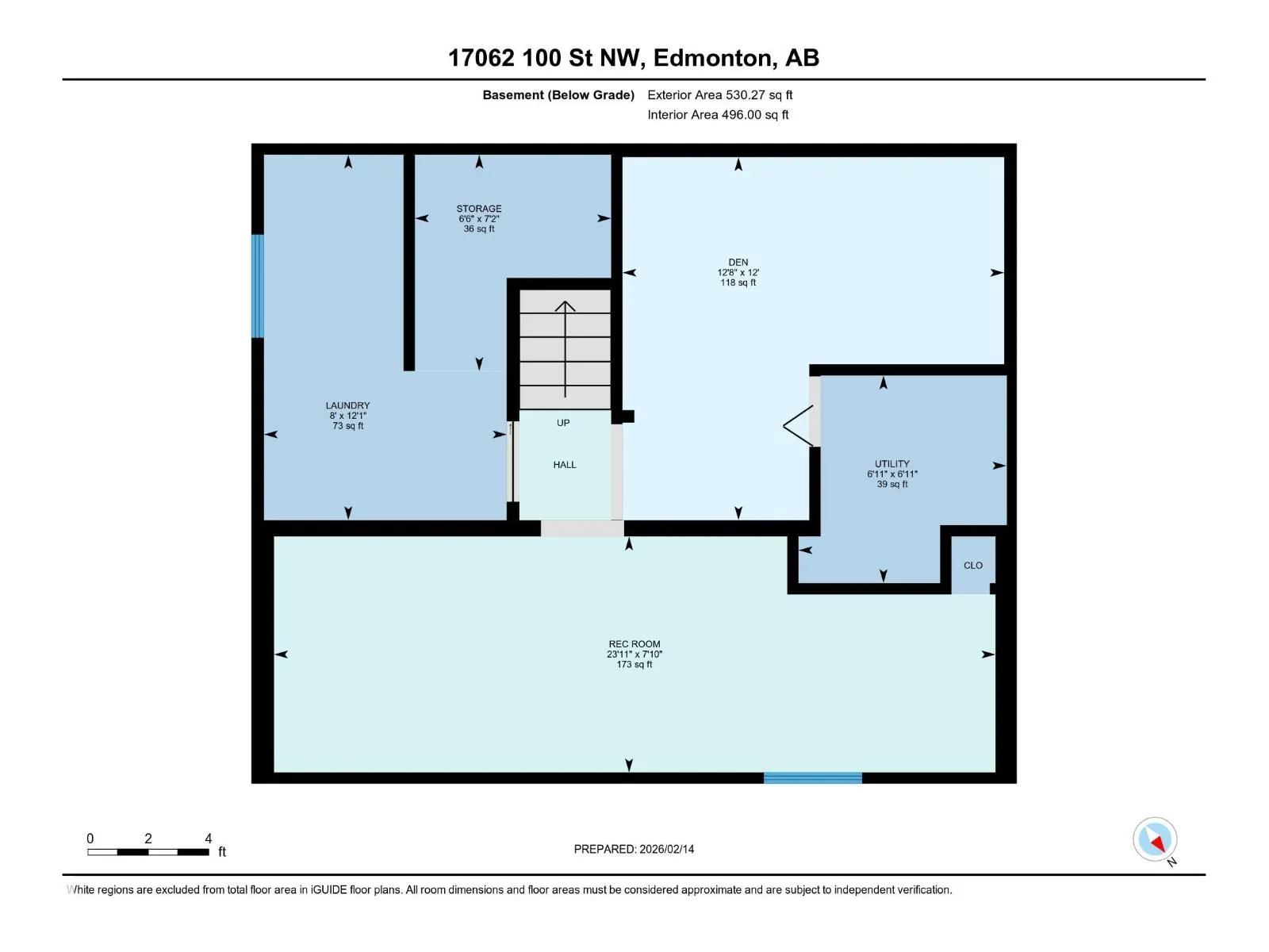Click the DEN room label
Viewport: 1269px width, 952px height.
tap(738, 262)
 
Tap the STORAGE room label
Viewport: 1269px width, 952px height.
tap(479, 208)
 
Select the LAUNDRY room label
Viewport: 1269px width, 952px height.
tap(347, 405)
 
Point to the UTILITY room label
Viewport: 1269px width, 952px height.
tap(891, 463)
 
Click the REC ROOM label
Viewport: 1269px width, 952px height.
tap(634, 644)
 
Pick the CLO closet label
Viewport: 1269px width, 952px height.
tap(973, 566)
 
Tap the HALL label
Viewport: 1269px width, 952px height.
tap(564, 465)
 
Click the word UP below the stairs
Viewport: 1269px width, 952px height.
tap(563, 423)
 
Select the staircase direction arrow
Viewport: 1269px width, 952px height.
tap(565, 349)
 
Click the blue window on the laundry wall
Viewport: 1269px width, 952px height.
tap(258, 286)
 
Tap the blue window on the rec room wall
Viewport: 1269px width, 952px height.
tap(812, 778)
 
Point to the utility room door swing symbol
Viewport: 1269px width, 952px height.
tap(799, 426)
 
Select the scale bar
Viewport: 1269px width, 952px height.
tap(148, 852)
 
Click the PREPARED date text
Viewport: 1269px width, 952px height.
tap(634, 849)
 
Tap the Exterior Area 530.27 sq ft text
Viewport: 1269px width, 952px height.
tap(720, 94)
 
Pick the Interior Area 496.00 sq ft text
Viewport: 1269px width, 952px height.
tap(718, 114)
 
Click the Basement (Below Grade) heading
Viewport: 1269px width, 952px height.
tap(558, 94)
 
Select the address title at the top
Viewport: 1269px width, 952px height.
tap(634, 58)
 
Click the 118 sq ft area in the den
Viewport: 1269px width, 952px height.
tap(738, 282)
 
